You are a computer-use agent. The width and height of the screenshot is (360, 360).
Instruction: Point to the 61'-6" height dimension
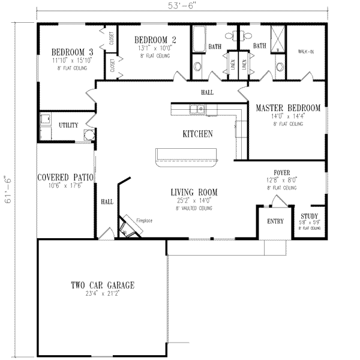coord(9,190)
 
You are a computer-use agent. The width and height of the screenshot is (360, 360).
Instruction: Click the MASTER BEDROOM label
coord(288,108)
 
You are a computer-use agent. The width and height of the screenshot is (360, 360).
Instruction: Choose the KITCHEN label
coord(197,134)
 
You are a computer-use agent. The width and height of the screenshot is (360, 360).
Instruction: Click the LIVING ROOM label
coord(194,193)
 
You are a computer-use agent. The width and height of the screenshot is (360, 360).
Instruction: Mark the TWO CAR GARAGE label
coord(102,286)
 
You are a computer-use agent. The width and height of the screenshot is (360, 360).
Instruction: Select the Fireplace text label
coord(143,221)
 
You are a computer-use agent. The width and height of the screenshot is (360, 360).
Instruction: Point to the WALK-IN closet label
coord(307,52)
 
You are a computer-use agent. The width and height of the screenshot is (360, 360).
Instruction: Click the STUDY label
coord(310,216)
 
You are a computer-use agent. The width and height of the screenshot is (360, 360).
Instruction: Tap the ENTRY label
coord(276,221)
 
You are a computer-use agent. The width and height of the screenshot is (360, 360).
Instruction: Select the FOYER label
coord(282,172)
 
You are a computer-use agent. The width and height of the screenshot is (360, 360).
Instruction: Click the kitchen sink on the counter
coord(197,109)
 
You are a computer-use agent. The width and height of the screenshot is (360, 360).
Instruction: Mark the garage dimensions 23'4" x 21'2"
coord(102,294)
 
